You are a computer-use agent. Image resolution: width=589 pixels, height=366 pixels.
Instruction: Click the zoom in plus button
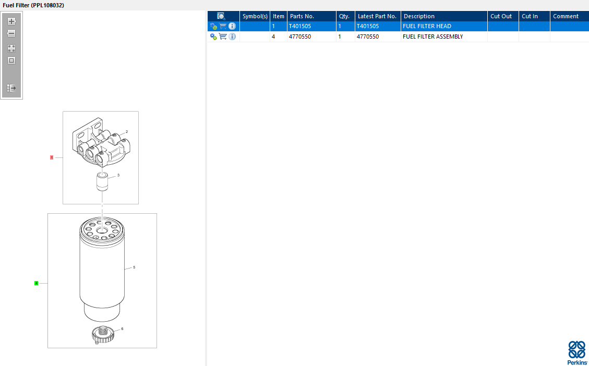pyautogui.click(x=11, y=21)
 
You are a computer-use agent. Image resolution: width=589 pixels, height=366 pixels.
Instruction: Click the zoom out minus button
pyautogui.click(x=11, y=33)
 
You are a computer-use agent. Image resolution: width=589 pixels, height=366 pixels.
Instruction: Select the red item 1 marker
pyautogui.click(x=52, y=157)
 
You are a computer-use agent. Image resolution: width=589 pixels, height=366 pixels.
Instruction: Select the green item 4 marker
pyautogui.click(x=36, y=283)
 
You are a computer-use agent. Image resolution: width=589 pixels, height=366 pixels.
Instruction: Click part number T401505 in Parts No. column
pyautogui.click(x=300, y=26)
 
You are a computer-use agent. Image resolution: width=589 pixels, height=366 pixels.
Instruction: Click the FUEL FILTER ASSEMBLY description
pyautogui.click(x=432, y=36)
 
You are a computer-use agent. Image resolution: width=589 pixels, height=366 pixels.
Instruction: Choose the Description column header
pyautogui.click(x=419, y=16)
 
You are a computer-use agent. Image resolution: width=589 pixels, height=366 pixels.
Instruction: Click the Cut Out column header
pyautogui.click(x=501, y=16)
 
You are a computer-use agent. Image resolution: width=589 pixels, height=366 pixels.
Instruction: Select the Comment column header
pyautogui.click(x=566, y=16)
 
